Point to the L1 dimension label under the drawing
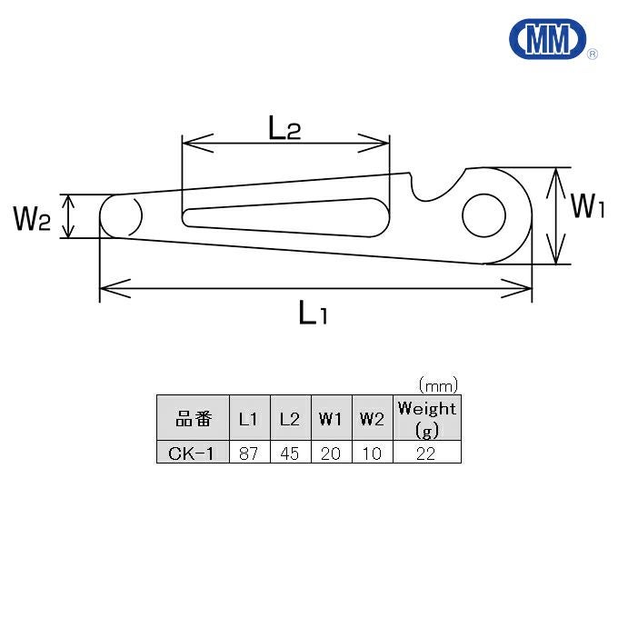coord(313,314)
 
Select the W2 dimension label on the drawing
coord(31,218)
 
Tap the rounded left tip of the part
coord(119,217)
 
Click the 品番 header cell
coord(193,419)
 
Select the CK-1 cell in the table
coord(193,453)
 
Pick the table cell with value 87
coord(248,453)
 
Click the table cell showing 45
coord(289,453)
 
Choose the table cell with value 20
coord(331,453)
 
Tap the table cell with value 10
coord(372,453)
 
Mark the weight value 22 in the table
coord(425,453)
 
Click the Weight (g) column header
coord(425,419)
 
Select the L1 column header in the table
coord(248,419)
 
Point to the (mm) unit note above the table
coord(437,384)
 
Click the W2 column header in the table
coord(372,419)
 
